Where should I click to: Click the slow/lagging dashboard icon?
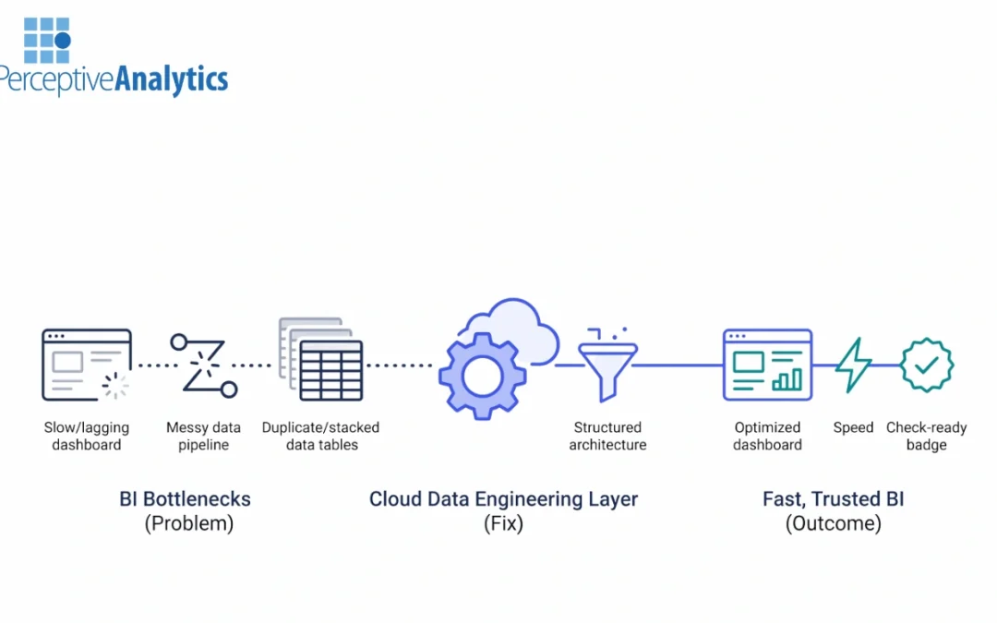tap(86, 365)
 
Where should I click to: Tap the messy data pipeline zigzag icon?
tap(203, 365)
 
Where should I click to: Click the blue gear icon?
tap(482, 376)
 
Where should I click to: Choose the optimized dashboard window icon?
tap(767, 365)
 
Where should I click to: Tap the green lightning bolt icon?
tap(853, 365)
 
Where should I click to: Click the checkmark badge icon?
tap(927, 365)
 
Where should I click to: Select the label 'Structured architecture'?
tap(607, 436)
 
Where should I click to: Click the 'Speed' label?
tap(853, 427)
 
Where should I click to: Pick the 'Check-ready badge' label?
tap(926, 436)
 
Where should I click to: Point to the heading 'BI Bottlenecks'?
tap(185, 499)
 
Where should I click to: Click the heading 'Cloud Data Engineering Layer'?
tap(503, 499)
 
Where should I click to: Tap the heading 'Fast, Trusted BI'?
tap(833, 499)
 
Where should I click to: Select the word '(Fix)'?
tap(503, 523)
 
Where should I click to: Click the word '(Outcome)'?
tap(833, 523)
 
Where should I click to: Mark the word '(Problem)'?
tap(188, 523)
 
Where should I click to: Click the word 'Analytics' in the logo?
tap(171, 79)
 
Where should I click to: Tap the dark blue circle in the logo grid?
tap(63, 41)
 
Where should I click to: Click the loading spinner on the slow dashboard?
tap(115, 386)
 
